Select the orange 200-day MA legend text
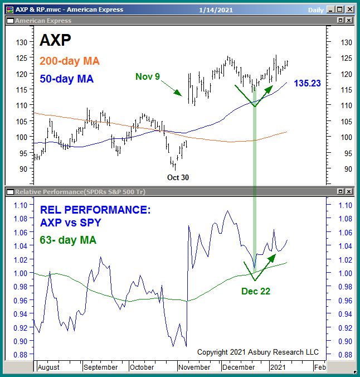coord(70,61)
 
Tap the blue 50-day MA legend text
coord(66,79)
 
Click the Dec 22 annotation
coord(255,291)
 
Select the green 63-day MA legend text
coord(68,240)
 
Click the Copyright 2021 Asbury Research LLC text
coord(258,352)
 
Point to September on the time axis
coord(100,367)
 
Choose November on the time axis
coord(194,367)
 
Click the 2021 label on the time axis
coord(277,367)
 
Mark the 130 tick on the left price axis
coord(22,43)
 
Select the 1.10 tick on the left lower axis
coord(21,205)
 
